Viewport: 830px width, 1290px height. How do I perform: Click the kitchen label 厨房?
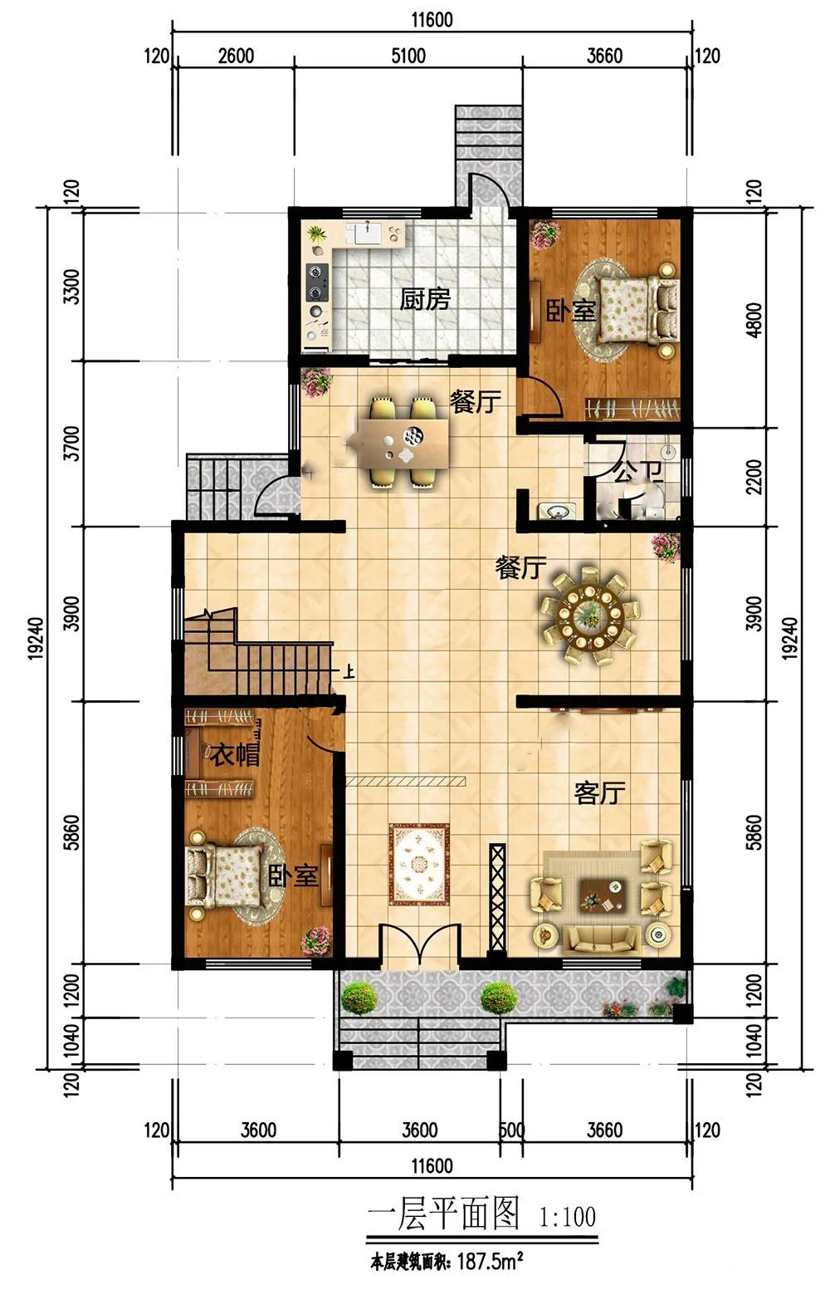pyautogui.click(x=425, y=300)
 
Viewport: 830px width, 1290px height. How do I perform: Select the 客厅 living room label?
pyautogui.click(x=600, y=793)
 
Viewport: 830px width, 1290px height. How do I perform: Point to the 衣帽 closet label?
pyautogui.click(x=235, y=754)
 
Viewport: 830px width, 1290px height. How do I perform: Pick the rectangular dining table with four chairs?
pyautogui.click(x=403, y=442)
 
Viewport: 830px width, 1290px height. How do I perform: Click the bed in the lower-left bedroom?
pyautogui.click(x=230, y=876)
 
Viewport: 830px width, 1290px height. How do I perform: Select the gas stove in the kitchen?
pyautogui.click(x=316, y=282)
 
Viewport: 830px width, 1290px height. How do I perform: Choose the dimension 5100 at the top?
pyautogui.click(x=408, y=56)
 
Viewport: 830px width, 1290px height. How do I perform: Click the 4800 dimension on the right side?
pyautogui.click(x=756, y=320)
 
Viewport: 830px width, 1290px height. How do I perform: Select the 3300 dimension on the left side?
pyautogui.click(x=72, y=287)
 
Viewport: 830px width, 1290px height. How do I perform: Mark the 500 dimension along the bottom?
pyautogui.click(x=511, y=1131)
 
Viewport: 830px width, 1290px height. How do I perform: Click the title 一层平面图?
pyautogui.click(x=444, y=1214)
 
